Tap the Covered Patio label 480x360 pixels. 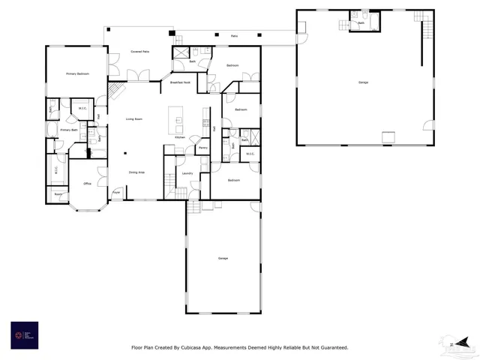pyautogui.click(x=140, y=52)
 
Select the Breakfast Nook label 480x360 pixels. pyautogui.click(x=180, y=82)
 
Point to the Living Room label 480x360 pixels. pyautogui.click(x=134, y=118)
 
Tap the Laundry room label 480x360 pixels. pyautogui.click(x=187, y=173)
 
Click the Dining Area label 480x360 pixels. pyautogui.click(x=136, y=172)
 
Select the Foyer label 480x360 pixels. pyautogui.click(x=116, y=193)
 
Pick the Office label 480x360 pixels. pyautogui.click(x=87, y=184)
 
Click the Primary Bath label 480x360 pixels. pyautogui.click(x=69, y=130)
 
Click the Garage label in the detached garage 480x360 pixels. pyautogui.click(x=363, y=82)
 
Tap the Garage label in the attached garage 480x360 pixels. pyautogui.click(x=223, y=258)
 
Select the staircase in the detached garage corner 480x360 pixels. pyautogui.click(x=428, y=31)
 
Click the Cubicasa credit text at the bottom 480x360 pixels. pyautogui.click(x=239, y=347)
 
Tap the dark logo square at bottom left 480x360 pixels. pyautogui.click(x=24, y=334)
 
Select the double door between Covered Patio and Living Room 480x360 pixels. pyautogui.click(x=136, y=75)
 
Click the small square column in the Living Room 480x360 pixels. pyautogui.click(x=126, y=155)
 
